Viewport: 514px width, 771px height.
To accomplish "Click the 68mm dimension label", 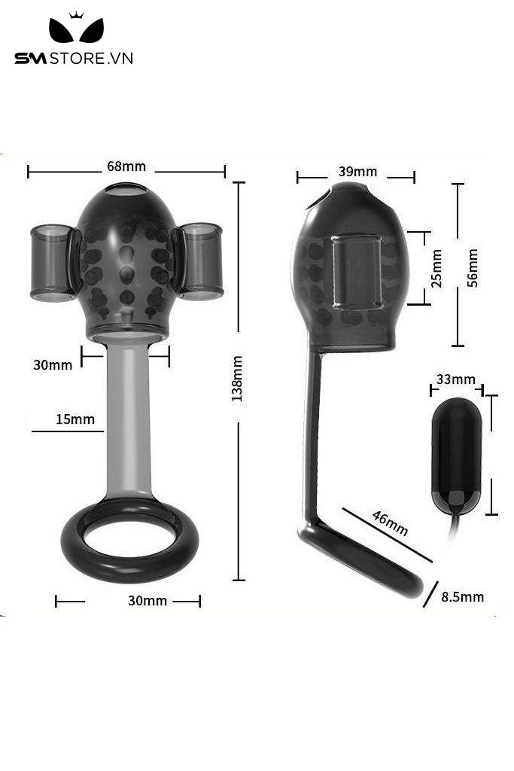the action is pos(126,166).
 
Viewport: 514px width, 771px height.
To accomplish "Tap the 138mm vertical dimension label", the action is pos(237,379).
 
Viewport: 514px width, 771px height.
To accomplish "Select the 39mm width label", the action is pos(357,172).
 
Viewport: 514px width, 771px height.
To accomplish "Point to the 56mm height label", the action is pos(472,268).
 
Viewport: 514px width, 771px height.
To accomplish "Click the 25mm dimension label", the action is pos(436,269).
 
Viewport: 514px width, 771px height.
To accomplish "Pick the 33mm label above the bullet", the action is pos(456,379).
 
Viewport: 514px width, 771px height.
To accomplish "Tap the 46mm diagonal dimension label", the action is pos(390,523).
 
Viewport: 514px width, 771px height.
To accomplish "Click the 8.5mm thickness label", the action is pos(462,597).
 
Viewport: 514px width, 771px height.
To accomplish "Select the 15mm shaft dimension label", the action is pos(75,419).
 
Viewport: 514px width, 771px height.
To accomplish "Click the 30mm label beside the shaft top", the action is pos(53,365).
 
